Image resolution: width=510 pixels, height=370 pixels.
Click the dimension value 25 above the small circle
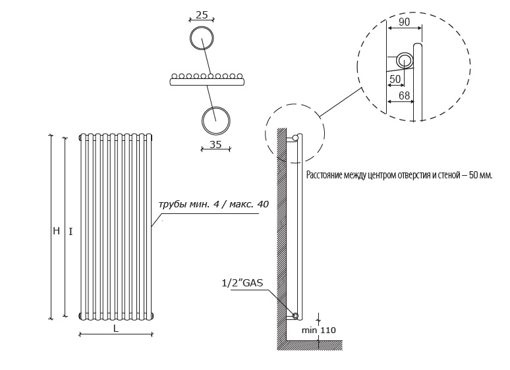tap(202, 14)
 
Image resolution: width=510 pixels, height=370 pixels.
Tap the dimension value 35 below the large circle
tap(215, 144)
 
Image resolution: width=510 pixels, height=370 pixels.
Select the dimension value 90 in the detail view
tap(404, 22)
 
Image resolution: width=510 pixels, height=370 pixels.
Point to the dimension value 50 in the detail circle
tap(395, 79)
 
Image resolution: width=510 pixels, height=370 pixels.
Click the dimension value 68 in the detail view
tap(404, 95)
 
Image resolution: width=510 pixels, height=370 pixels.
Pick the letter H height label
tap(56, 231)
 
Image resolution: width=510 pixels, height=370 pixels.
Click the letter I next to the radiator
tap(71, 232)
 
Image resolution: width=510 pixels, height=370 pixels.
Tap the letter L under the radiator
tap(116, 329)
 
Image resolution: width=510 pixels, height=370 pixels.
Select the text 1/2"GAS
tap(242, 283)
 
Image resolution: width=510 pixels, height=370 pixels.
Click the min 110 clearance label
tap(319, 330)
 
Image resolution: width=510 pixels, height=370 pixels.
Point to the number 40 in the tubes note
tap(263, 204)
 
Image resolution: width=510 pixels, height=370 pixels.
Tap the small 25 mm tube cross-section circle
tap(202, 39)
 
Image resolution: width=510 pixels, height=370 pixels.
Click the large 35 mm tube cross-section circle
tap(216, 120)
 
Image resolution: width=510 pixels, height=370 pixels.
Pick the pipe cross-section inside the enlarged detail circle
tap(405, 61)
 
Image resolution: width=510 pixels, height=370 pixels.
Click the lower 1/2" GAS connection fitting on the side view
tap(295, 315)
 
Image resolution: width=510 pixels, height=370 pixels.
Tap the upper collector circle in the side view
tap(295, 138)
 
